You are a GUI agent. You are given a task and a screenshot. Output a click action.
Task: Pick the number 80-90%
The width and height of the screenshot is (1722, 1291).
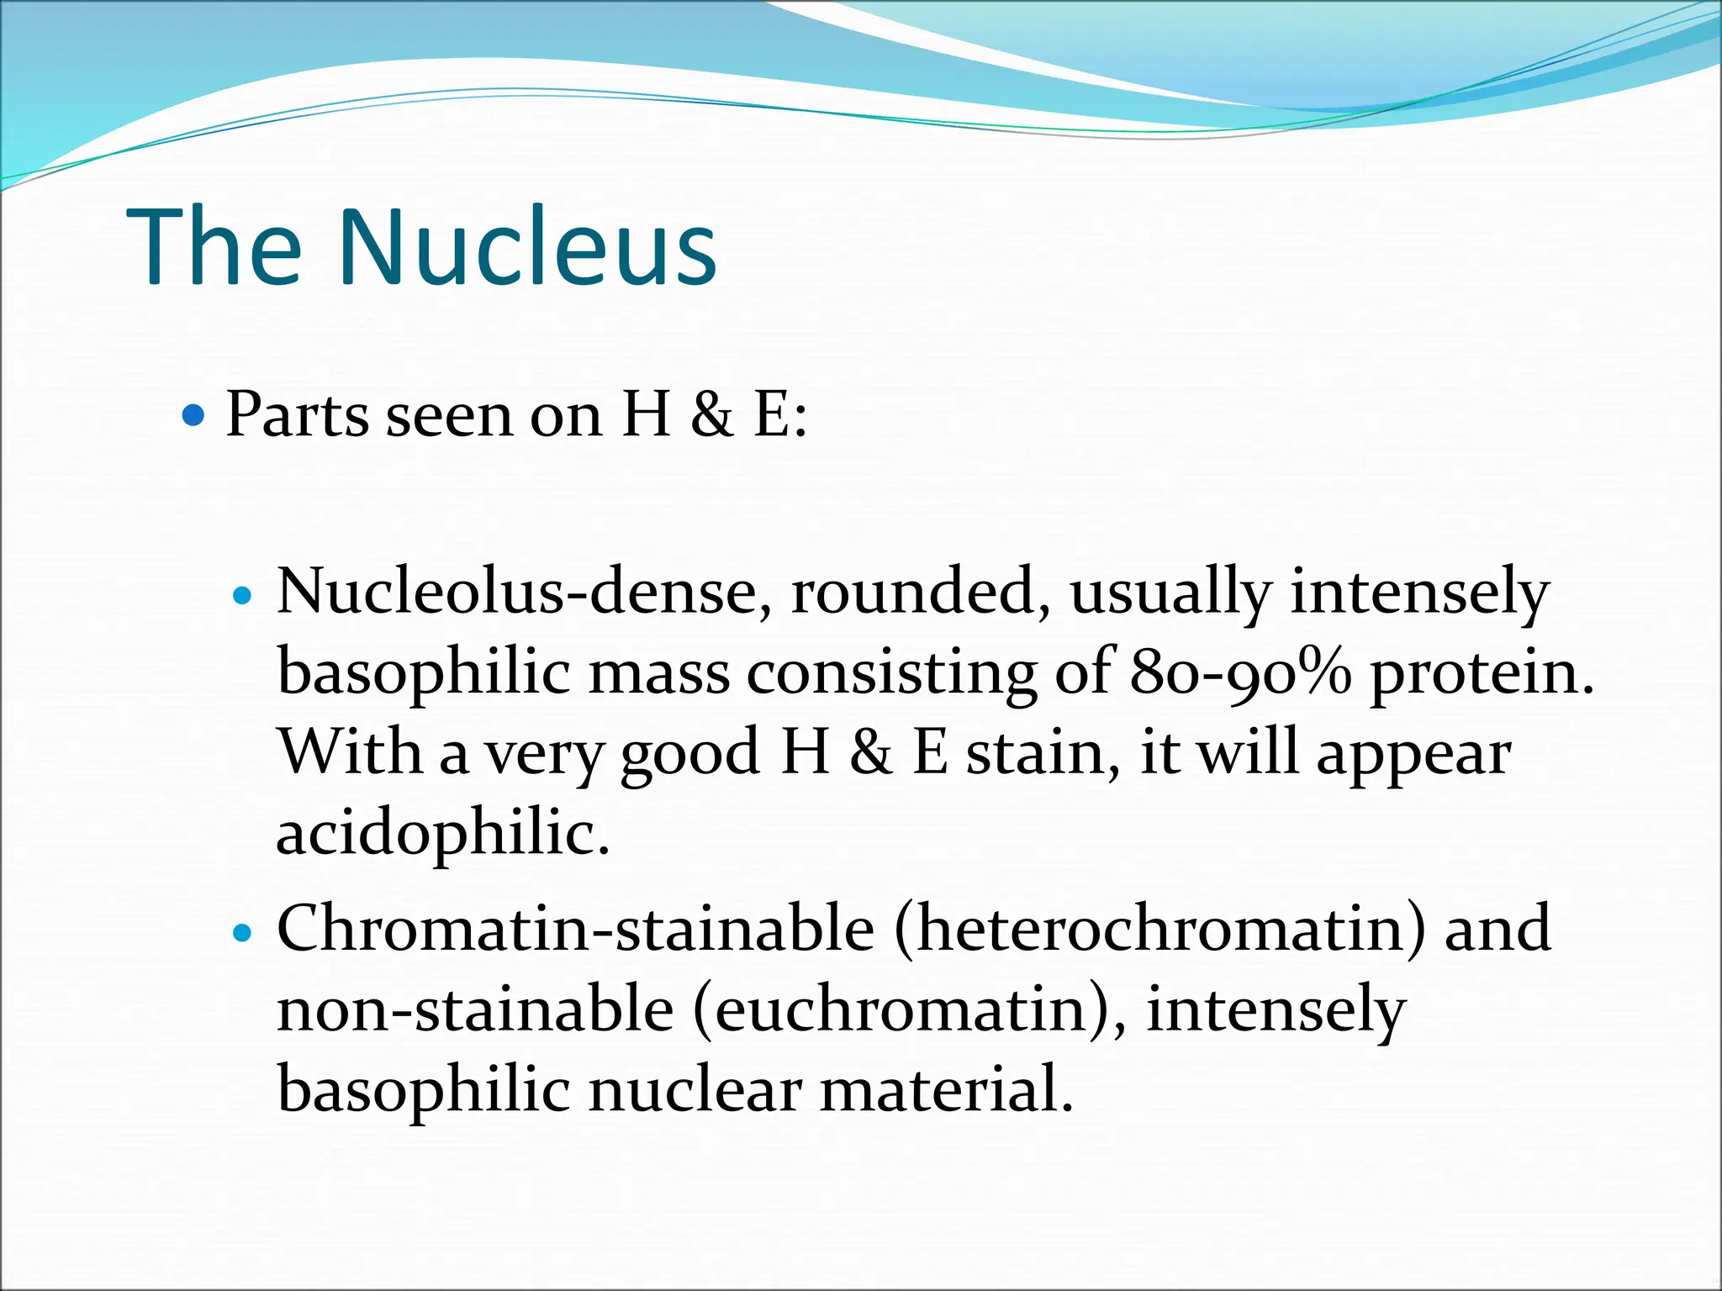(1240, 672)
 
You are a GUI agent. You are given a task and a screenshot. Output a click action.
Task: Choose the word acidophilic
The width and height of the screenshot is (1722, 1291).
(442, 834)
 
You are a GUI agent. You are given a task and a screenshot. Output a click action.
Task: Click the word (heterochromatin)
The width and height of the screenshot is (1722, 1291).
(1160, 930)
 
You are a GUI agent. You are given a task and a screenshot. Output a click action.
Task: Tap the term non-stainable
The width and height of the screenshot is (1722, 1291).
(475, 1009)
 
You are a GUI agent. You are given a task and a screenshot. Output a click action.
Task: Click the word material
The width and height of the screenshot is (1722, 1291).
(946, 1090)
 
